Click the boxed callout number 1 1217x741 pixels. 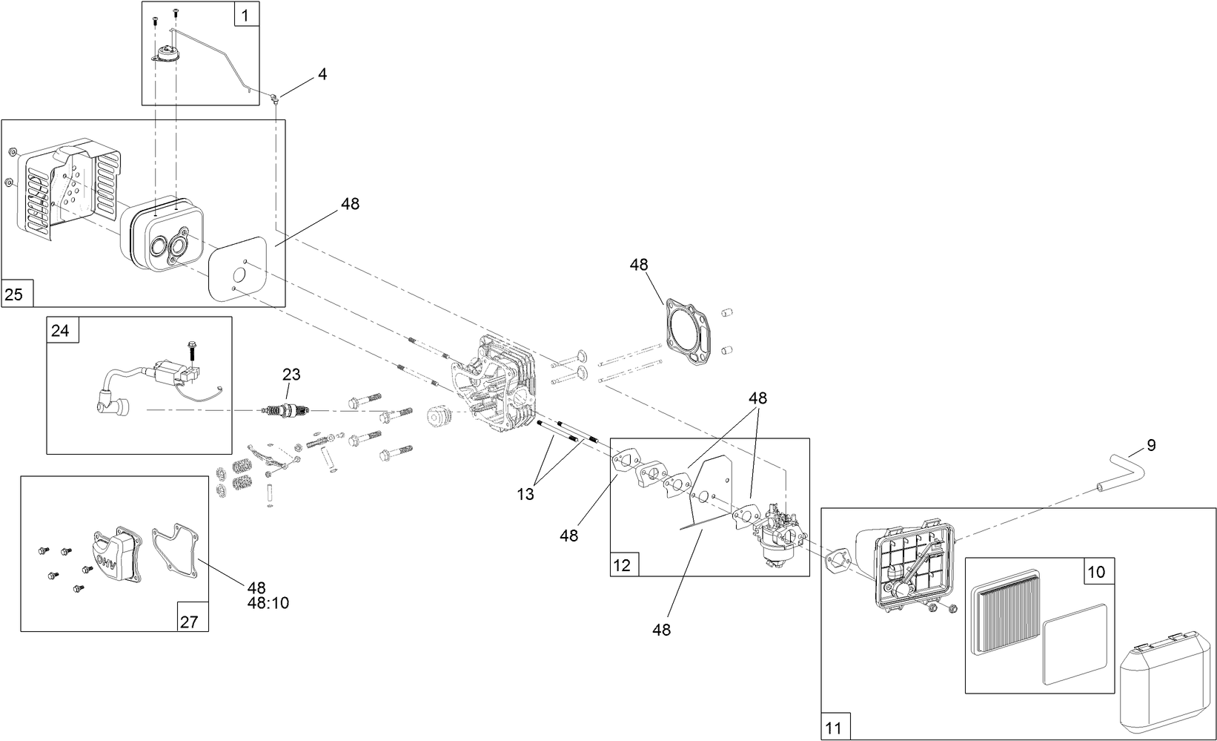point(246,13)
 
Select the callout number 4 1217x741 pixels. point(322,74)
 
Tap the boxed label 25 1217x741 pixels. point(14,294)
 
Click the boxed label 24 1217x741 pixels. point(60,330)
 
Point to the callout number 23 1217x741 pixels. point(291,375)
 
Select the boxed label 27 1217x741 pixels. point(189,621)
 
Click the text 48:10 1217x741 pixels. point(268,603)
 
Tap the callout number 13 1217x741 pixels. point(525,495)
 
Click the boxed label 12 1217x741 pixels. point(622,565)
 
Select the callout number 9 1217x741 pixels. point(1150,446)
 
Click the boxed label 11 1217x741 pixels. point(834,728)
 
